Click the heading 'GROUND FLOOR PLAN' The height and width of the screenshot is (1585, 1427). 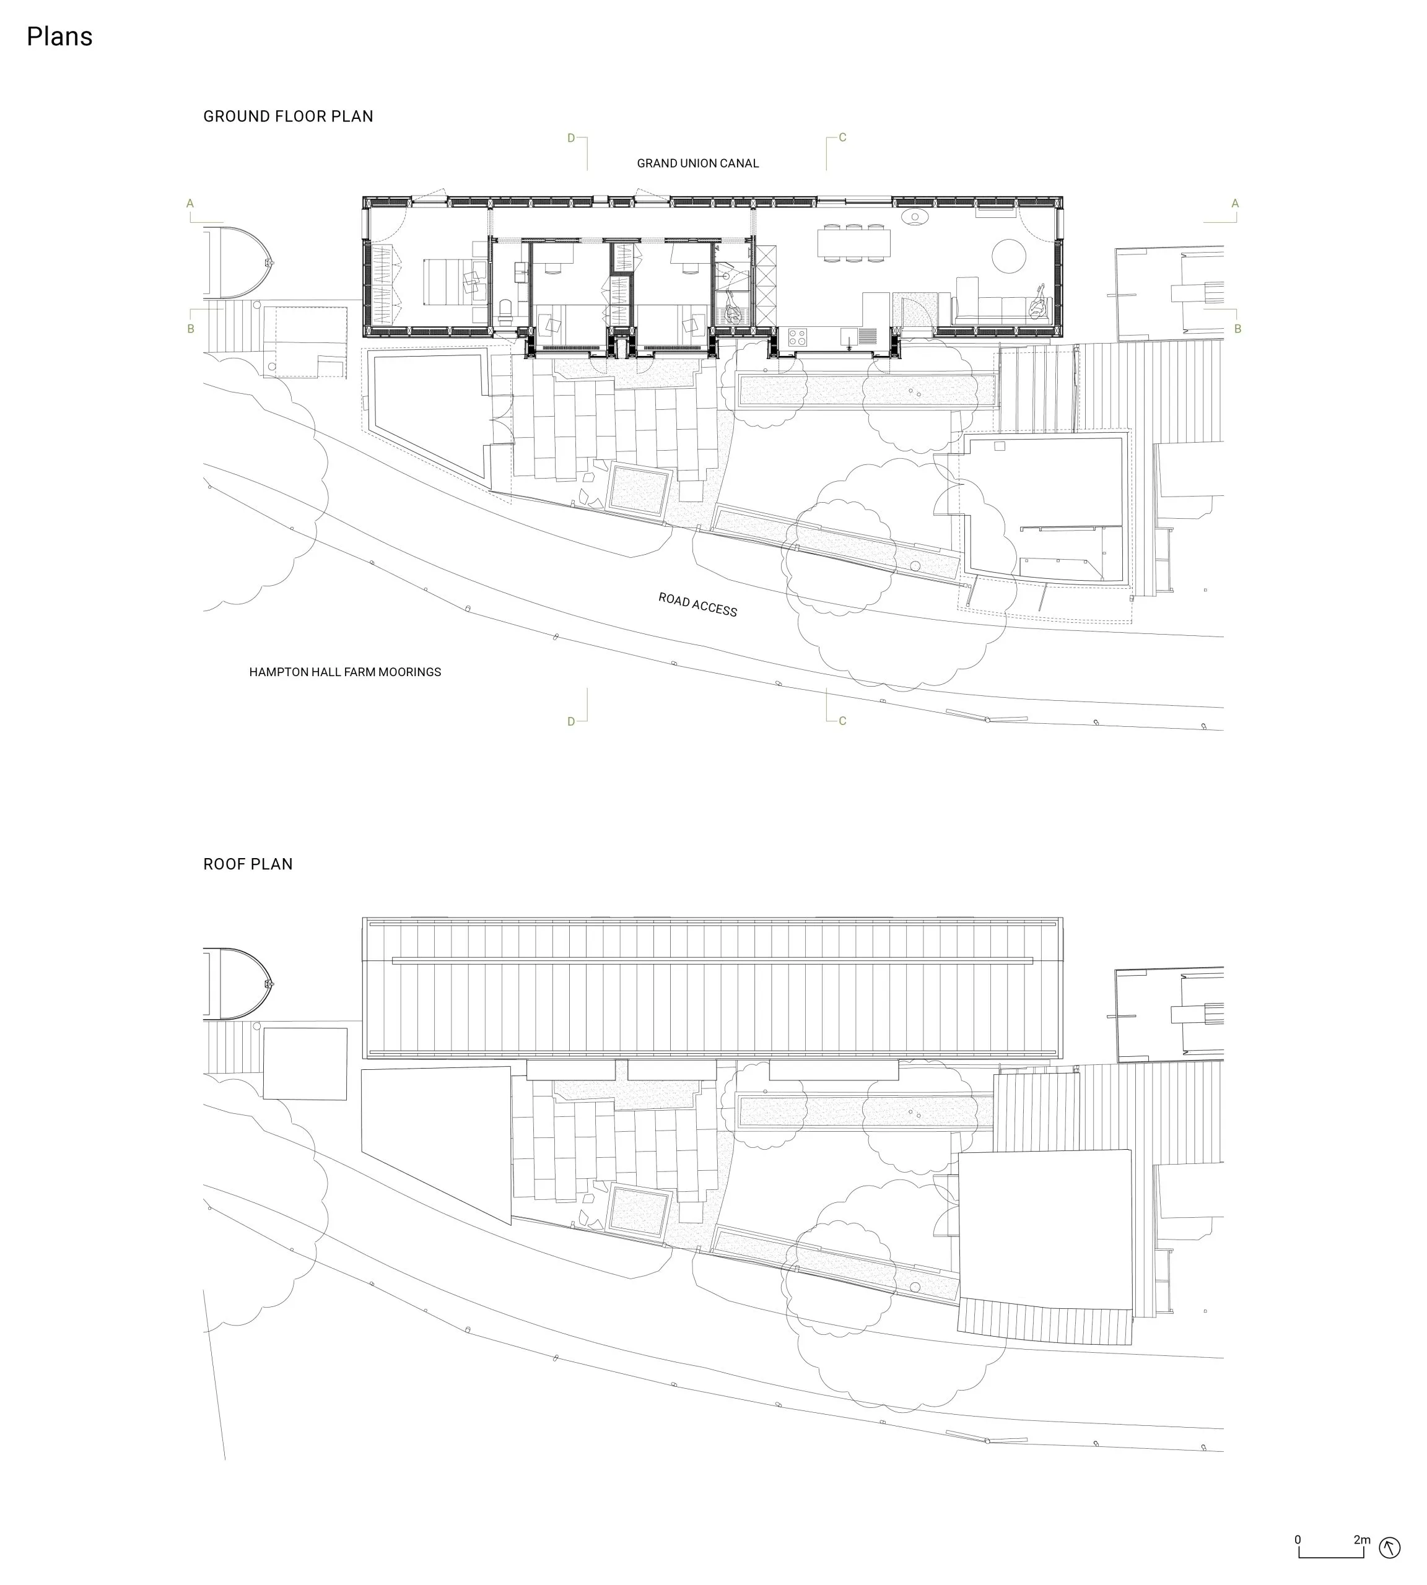(x=288, y=116)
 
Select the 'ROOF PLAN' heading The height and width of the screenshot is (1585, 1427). (x=248, y=864)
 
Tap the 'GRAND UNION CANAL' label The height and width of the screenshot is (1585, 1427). (x=698, y=163)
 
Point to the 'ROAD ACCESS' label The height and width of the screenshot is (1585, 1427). (x=698, y=604)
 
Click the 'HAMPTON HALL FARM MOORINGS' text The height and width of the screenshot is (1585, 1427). (x=345, y=672)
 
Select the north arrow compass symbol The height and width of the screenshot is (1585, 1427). (x=1390, y=1547)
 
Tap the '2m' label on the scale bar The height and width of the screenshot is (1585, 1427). (x=1362, y=1540)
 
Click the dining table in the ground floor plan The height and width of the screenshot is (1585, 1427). (x=854, y=242)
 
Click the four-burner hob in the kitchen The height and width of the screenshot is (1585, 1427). (x=797, y=337)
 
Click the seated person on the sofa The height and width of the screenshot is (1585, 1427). (x=1039, y=303)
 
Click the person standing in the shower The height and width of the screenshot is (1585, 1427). (x=733, y=309)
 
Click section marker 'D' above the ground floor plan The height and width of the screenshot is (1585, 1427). (x=571, y=139)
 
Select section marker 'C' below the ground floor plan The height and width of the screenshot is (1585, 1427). (x=843, y=721)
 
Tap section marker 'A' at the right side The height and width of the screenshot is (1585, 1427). (x=1235, y=204)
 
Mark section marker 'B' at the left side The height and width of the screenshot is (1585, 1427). (x=191, y=329)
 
